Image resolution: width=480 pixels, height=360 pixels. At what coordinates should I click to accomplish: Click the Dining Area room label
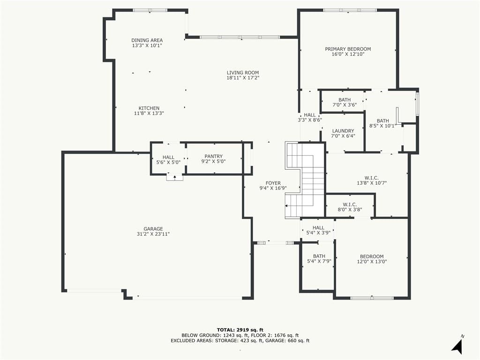click(147, 40)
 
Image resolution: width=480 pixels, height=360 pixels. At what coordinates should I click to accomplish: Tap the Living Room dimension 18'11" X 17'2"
click(243, 78)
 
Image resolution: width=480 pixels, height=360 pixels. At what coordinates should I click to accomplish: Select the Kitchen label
click(149, 108)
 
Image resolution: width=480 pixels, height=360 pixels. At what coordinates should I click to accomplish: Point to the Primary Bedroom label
click(348, 49)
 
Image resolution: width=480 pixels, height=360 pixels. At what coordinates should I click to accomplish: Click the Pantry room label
click(214, 156)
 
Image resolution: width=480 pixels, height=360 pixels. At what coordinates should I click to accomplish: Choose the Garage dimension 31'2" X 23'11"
click(153, 234)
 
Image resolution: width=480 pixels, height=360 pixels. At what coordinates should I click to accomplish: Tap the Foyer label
click(273, 183)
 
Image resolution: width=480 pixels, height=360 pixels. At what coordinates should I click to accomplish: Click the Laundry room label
click(343, 131)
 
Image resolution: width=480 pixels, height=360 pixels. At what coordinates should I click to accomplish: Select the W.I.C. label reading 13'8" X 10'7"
click(372, 180)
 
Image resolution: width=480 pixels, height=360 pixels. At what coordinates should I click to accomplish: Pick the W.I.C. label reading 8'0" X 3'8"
click(350, 207)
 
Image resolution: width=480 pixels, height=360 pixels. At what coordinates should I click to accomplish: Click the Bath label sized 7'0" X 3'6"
click(345, 102)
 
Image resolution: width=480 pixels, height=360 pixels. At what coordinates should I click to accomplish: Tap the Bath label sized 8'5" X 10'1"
click(382, 123)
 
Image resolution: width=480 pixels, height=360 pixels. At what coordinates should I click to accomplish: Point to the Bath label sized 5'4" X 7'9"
click(319, 259)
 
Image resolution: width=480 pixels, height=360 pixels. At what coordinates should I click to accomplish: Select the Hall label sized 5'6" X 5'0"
click(168, 160)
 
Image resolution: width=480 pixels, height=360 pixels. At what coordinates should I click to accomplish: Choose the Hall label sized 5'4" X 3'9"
click(318, 230)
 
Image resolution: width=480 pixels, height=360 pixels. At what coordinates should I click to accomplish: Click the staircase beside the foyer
click(305, 180)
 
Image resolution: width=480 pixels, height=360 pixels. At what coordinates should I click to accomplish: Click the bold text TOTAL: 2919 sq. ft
click(240, 330)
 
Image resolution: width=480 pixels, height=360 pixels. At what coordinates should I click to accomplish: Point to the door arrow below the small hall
click(175, 177)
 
